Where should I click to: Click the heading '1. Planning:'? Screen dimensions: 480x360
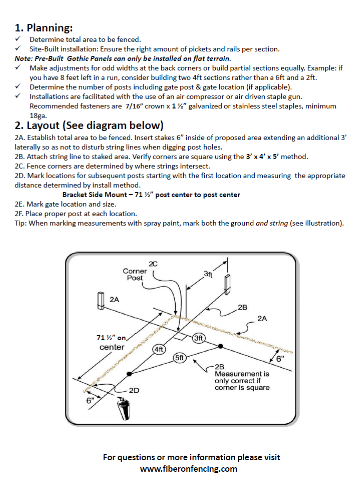44,28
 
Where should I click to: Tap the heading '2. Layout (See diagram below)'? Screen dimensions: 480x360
89,126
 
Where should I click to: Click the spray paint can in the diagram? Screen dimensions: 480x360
124,409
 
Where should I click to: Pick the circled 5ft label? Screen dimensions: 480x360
179,358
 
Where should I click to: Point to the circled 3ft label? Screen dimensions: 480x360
198,338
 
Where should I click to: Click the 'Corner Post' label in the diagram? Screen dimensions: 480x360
135,274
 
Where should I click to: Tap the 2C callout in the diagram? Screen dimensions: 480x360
153,264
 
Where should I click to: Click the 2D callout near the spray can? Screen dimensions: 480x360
134,390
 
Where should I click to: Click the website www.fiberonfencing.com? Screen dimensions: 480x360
189,469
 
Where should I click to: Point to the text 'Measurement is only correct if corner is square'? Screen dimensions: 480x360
242,381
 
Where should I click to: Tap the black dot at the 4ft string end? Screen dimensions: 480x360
129,374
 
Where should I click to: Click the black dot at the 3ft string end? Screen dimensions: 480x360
220,346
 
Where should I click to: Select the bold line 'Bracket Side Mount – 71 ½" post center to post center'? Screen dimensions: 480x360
151,195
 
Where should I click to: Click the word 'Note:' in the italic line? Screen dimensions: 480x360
23,59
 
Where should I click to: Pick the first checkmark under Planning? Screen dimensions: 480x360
18,39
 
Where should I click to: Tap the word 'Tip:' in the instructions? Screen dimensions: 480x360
21,223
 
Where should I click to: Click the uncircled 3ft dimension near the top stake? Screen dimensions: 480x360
208,274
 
